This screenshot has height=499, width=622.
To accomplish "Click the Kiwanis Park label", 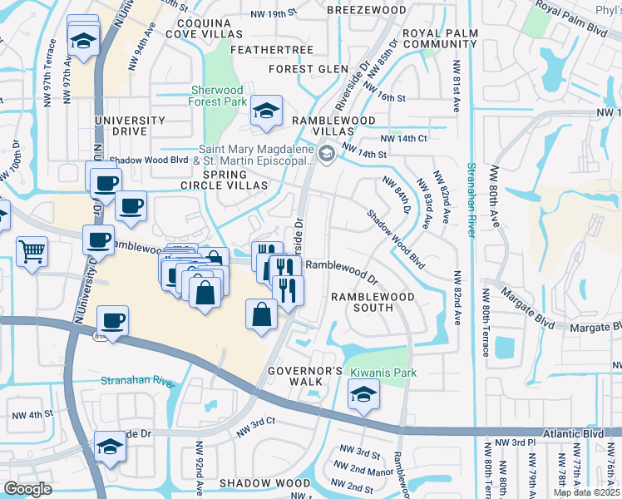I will pyautogui.click(x=383, y=373).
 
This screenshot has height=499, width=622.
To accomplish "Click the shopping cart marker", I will pyautogui.click(x=32, y=250).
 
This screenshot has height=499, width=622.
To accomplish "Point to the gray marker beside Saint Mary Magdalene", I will pyautogui.click(x=327, y=152).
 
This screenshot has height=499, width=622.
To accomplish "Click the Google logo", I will pyautogui.click(x=27, y=489).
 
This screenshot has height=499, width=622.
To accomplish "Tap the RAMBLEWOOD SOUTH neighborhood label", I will pyautogui.click(x=361, y=302).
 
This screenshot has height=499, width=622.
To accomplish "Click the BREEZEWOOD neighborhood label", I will pyautogui.click(x=366, y=8).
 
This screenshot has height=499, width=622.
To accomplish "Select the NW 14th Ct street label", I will pyautogui.click(x=403, y=138).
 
